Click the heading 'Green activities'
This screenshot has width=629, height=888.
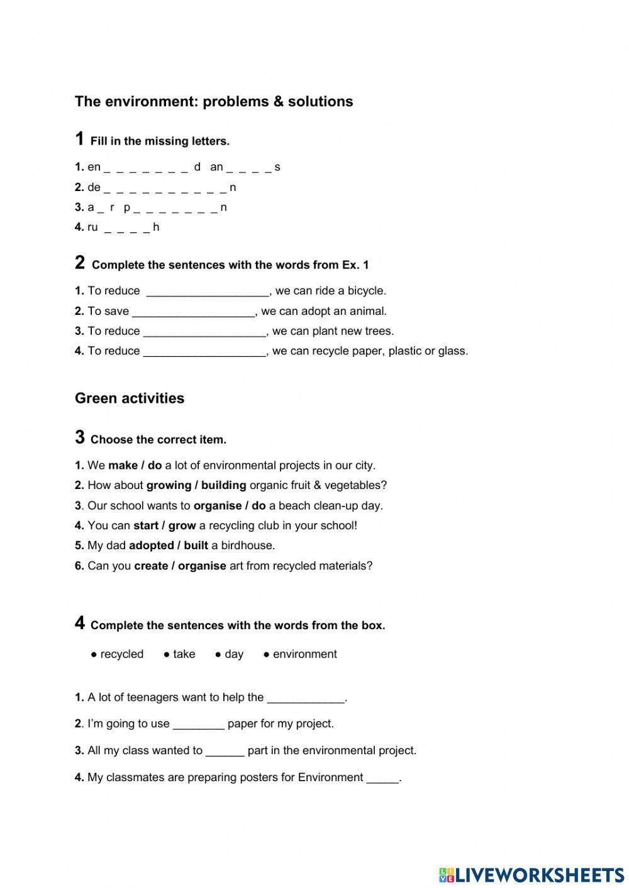[x=130, y=398]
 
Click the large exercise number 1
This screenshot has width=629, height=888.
[x=79, y=139]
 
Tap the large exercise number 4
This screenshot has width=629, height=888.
[x=79, y=623]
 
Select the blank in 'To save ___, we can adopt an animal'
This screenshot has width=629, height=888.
[x=193, y=312]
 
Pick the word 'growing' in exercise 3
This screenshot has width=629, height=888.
[x=169, y=486]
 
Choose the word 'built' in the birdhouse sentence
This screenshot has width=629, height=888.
[x=196, y=546]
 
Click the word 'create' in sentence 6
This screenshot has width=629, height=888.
[x=151, y=566]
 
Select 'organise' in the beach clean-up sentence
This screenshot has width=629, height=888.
[x=217, y=506]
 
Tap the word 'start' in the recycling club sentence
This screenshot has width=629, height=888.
[x=145, y=526]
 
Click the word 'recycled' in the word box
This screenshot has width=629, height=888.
[x=121, y=654]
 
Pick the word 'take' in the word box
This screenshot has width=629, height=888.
[x=184, y=654]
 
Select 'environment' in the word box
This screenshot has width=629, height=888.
[x=304, y=654]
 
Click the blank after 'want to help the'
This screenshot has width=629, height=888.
[x=306, y=698]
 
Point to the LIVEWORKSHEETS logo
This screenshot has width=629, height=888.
[x=532, y=875]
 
